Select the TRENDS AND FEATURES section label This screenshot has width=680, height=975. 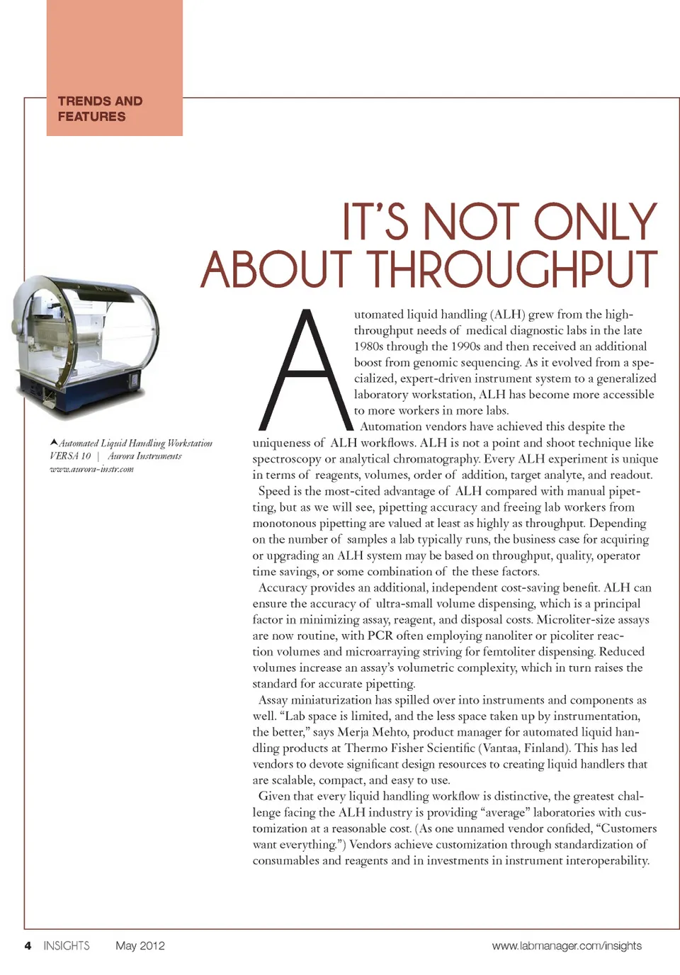pos(100,109)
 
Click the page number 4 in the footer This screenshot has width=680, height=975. pos(28,945)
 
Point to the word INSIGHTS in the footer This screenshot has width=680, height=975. pos(67,945)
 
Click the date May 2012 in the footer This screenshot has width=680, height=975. pos(140,945)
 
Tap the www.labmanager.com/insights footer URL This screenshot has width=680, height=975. pos(567,945)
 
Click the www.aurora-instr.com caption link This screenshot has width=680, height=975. pos(91,469)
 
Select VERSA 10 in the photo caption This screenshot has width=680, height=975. pos(70,456)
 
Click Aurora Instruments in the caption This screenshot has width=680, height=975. pos(144,456)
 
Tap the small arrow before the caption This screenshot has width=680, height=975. pos(54,443)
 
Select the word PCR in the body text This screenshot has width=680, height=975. pos(380,636)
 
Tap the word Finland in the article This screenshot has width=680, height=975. pos(544,748)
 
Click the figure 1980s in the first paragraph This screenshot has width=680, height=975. pos(370,346)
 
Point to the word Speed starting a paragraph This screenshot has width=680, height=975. pos(274,491)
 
